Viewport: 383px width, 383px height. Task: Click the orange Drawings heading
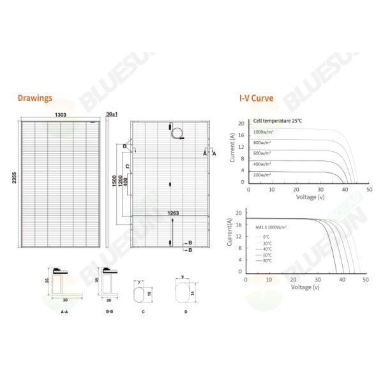point(35,99)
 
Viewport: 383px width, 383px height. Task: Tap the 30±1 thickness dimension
point(112,113)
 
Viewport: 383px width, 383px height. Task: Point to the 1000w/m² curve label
point(262,131)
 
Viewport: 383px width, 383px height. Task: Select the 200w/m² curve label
point(262,174)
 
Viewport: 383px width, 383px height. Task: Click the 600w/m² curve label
point(262,153)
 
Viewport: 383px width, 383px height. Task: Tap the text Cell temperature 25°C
point(277,120)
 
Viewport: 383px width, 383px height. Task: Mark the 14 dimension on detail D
point(193,293)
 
